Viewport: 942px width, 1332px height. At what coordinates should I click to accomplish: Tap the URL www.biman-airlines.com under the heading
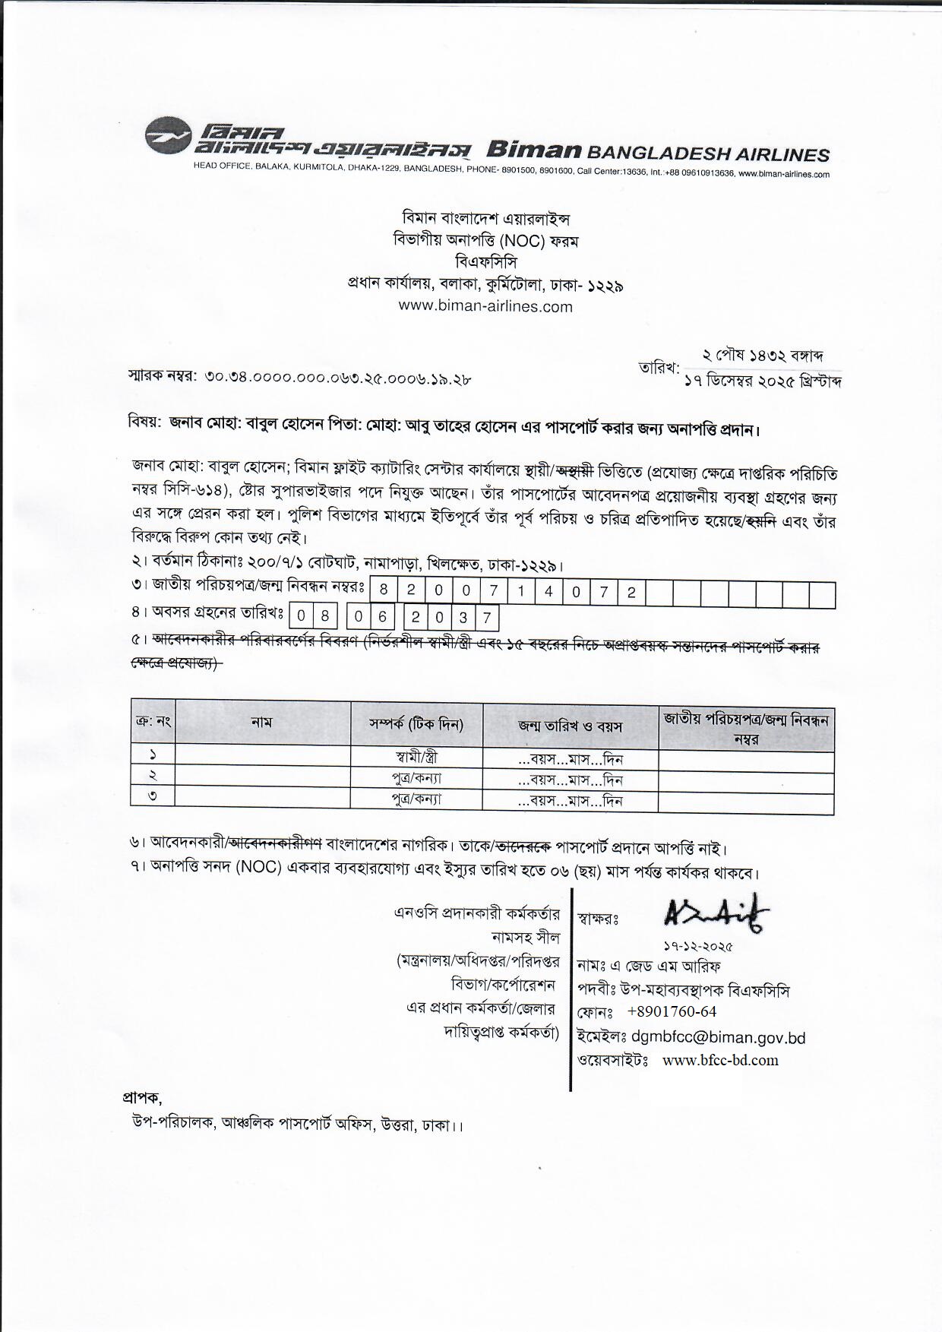[x=485, y=307]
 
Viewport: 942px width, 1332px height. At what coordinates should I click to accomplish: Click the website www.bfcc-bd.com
[x=720, y=1060]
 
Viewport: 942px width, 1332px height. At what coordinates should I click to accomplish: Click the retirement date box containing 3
[x=463, y=618]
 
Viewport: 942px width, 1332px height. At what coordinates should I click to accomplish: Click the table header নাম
[x=261, y=723]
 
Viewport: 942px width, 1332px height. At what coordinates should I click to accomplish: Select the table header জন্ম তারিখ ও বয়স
[x=570, y=726]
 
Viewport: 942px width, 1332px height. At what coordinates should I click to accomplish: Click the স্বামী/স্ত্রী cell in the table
[x=416, y=758]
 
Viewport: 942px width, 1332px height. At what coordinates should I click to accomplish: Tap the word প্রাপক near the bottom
[x=141, y=1098]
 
